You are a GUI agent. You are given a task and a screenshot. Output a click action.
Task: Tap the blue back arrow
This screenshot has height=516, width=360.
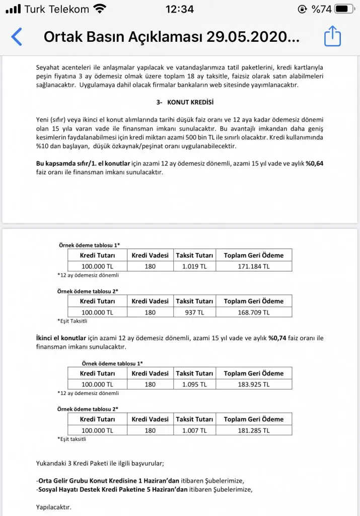click(17, 37)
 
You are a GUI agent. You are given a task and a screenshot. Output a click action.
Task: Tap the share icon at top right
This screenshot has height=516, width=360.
click(332, 36)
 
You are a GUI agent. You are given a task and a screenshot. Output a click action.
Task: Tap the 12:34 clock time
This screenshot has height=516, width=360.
click(179, 9)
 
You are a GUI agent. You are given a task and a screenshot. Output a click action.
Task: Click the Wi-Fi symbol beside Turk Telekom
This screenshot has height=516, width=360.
click(100, 9)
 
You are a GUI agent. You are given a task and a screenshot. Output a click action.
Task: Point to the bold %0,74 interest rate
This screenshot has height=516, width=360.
click(277, 338)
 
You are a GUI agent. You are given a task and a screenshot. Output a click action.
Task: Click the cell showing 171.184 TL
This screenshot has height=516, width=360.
click(253, 266)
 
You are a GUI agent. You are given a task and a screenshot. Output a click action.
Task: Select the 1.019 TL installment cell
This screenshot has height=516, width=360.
click(194, 266)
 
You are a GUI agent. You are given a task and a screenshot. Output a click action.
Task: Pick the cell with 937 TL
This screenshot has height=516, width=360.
click(194, 312)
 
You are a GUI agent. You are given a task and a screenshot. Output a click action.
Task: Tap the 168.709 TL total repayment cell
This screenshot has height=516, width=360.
click(253, 312)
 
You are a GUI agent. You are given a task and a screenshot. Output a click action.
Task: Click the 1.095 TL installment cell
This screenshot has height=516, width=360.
click(194, 384)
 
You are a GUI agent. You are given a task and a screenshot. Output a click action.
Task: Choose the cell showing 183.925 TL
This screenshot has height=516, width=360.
click(253, 384)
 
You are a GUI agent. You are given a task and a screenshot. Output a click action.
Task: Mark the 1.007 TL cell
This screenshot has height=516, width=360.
click(194, 430)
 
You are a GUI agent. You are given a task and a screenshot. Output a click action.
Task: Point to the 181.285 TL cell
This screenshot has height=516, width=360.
click(253, 430)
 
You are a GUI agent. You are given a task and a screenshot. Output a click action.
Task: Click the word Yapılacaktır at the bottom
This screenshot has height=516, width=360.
click(54, 506)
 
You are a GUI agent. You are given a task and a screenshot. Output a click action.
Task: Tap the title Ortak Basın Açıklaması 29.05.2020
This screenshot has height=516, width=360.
click(171, 37)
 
